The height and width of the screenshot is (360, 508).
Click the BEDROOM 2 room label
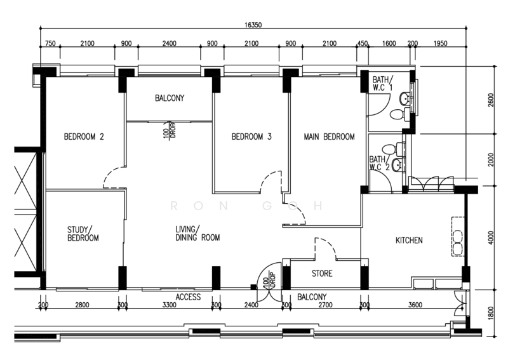click(x=84, y=137)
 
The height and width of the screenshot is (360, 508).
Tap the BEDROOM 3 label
click(x=251, y=137)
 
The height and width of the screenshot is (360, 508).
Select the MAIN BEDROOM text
click(x=329, y=137)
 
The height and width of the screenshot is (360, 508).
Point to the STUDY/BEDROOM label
click(x=83, y=234)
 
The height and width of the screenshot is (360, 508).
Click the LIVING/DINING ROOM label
click(x=197, y=233)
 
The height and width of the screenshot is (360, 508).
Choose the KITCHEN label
click(x=409, y=240)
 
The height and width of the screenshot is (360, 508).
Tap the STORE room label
click(x=322, y=274)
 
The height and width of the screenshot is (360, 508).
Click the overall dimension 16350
click(x=253, y=25)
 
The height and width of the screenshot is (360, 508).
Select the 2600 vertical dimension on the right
click(x=491, y=100)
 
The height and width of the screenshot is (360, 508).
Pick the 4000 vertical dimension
click(x=491, y=237)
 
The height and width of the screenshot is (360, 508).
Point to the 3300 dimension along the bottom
click(x=169, y=305)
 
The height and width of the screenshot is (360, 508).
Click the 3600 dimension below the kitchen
click(x=415, y=305)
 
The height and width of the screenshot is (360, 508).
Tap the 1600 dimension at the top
click(x=389, y=43)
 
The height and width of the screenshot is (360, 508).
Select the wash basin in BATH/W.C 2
click(x=398, y=166)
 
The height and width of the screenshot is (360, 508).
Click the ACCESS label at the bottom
click(x=188, y=297)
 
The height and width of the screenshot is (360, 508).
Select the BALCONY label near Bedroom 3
click(x=170, y=98)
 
